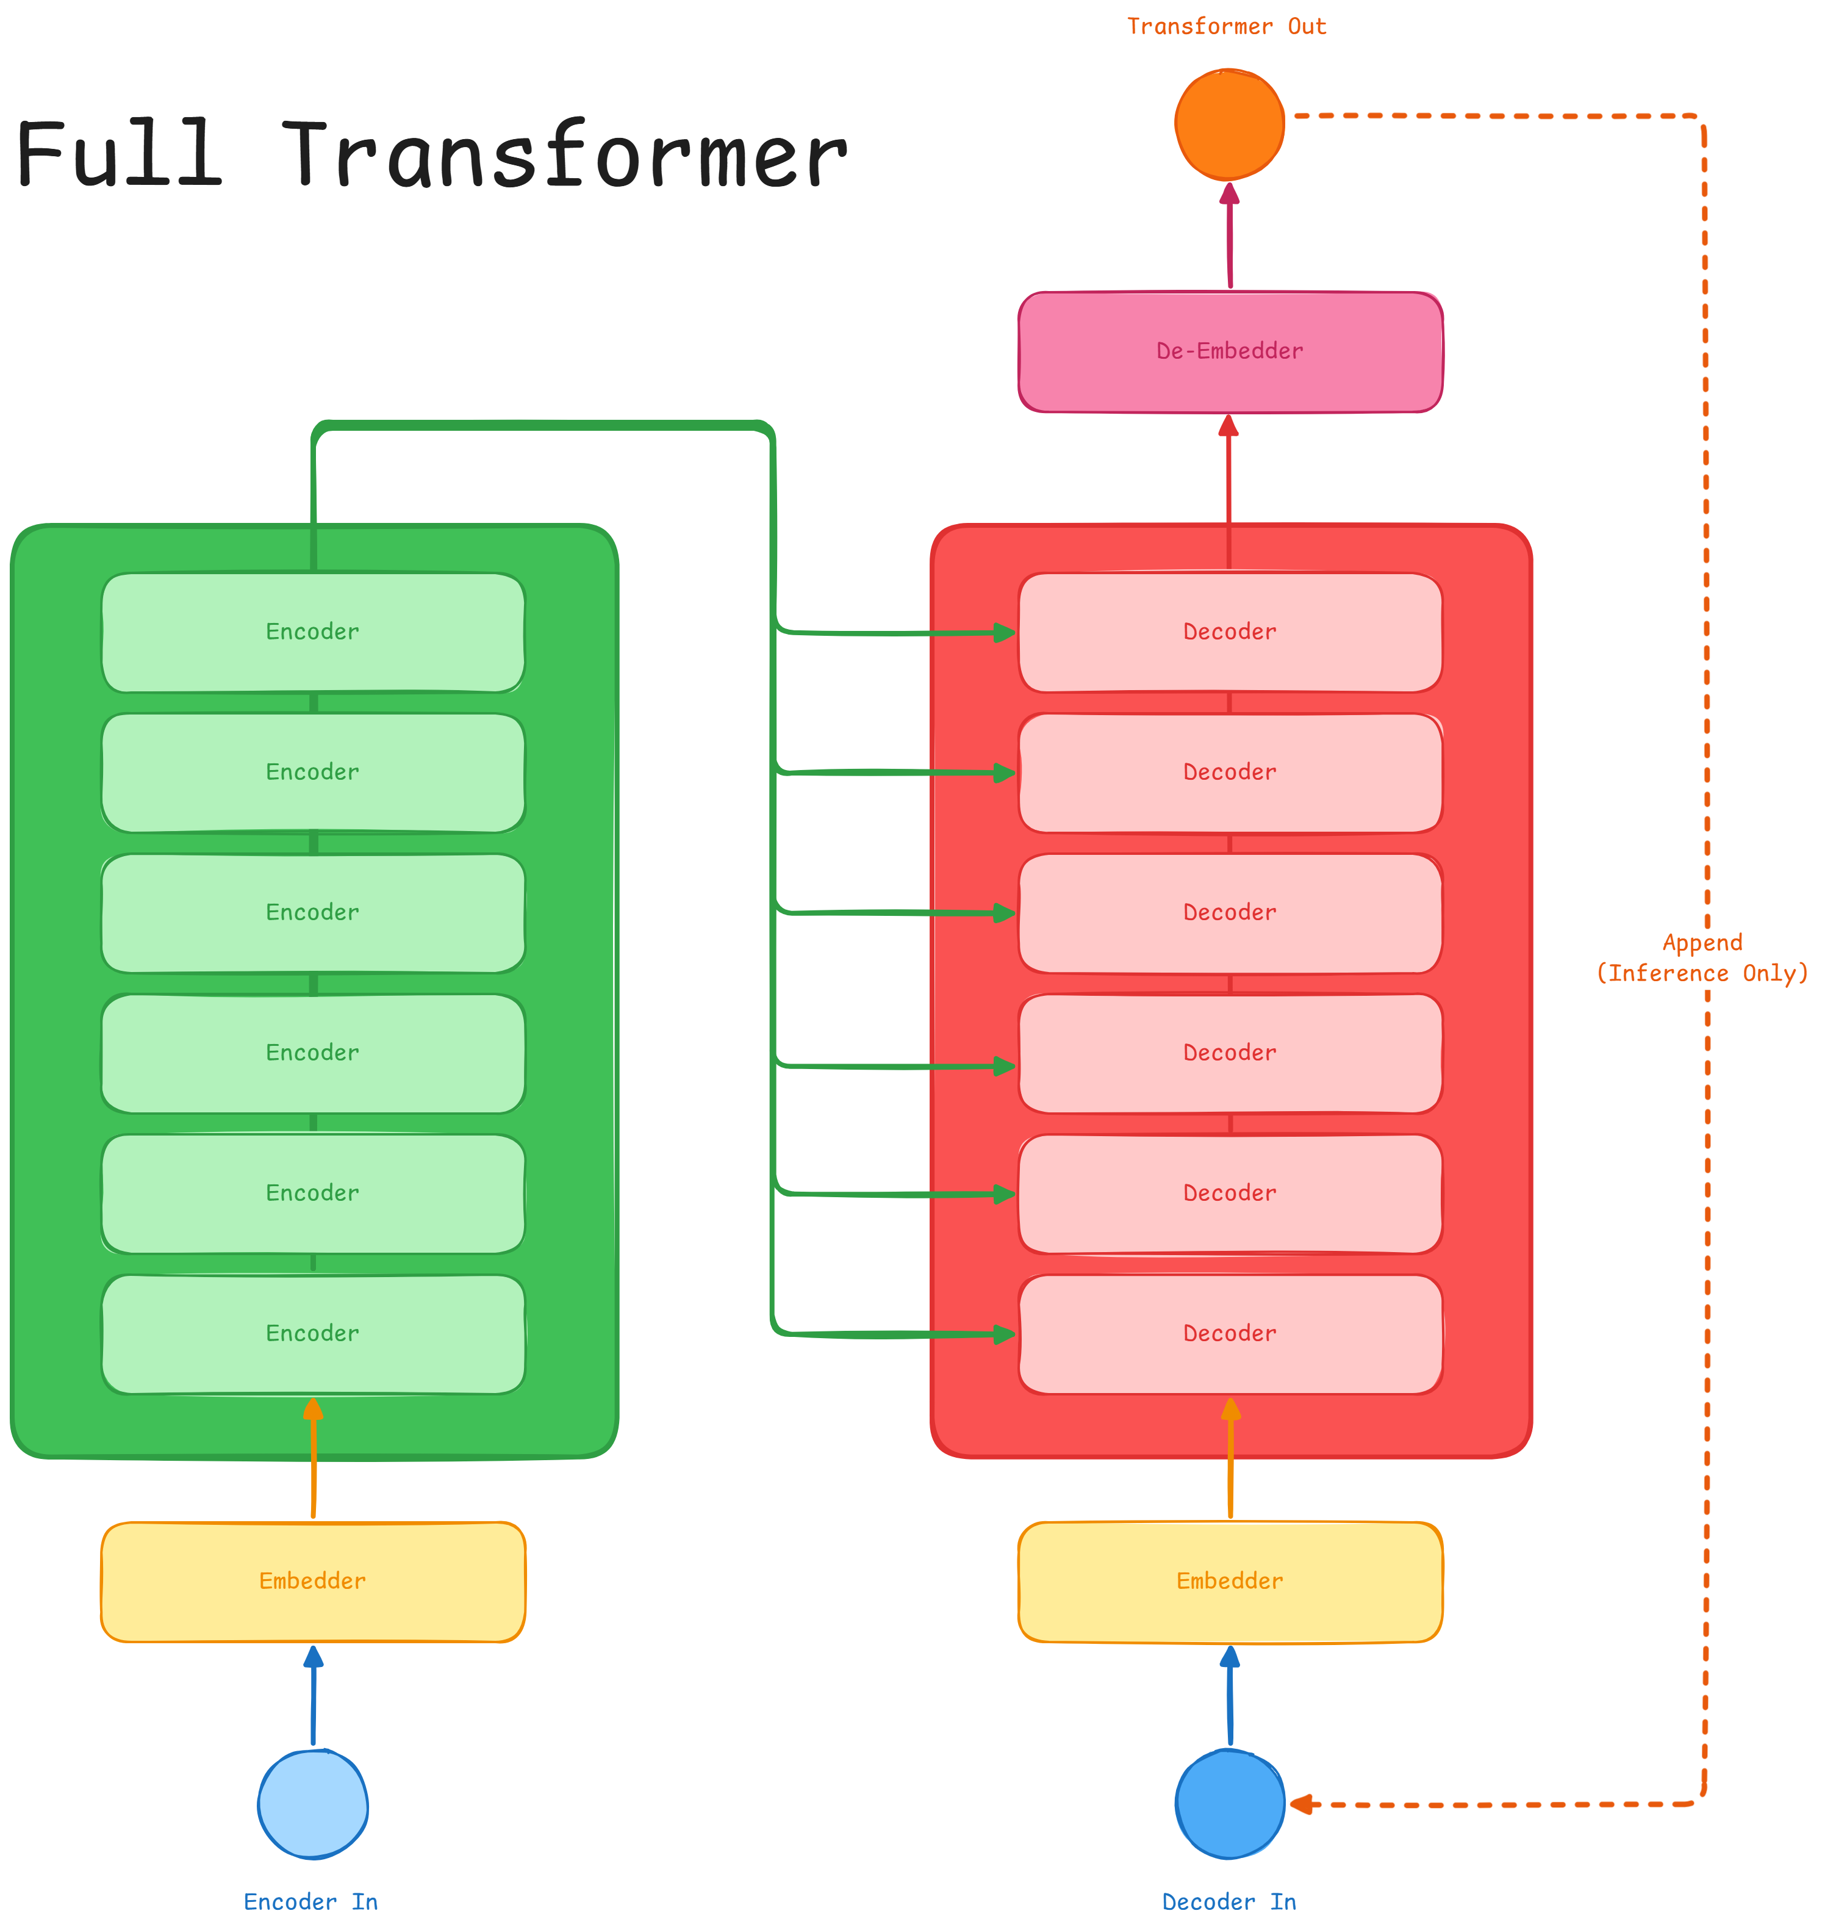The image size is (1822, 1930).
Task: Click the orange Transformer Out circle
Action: tap(1230, 124)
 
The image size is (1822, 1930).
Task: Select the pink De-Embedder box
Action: tap(1230, 351)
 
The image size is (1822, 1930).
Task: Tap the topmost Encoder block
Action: tap(313, 632)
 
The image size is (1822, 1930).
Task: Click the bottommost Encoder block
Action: tap(313, 1334)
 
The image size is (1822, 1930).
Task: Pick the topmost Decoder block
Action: tap(1230, 632)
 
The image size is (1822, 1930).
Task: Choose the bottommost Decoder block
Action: tap(1230, 1334)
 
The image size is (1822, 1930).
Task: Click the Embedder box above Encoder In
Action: tap(313, 1582)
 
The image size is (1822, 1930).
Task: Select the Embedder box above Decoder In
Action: tap(1230, 1582)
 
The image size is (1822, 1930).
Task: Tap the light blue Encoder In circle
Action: tap(313, 1805)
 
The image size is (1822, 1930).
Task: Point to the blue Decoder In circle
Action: tap(1230, 1805)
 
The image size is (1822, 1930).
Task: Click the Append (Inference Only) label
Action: tap(1702, 958)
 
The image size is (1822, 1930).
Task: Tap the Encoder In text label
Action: tap(311, 1902)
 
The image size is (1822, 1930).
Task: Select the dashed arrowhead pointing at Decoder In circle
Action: tap(1302, 1805)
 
